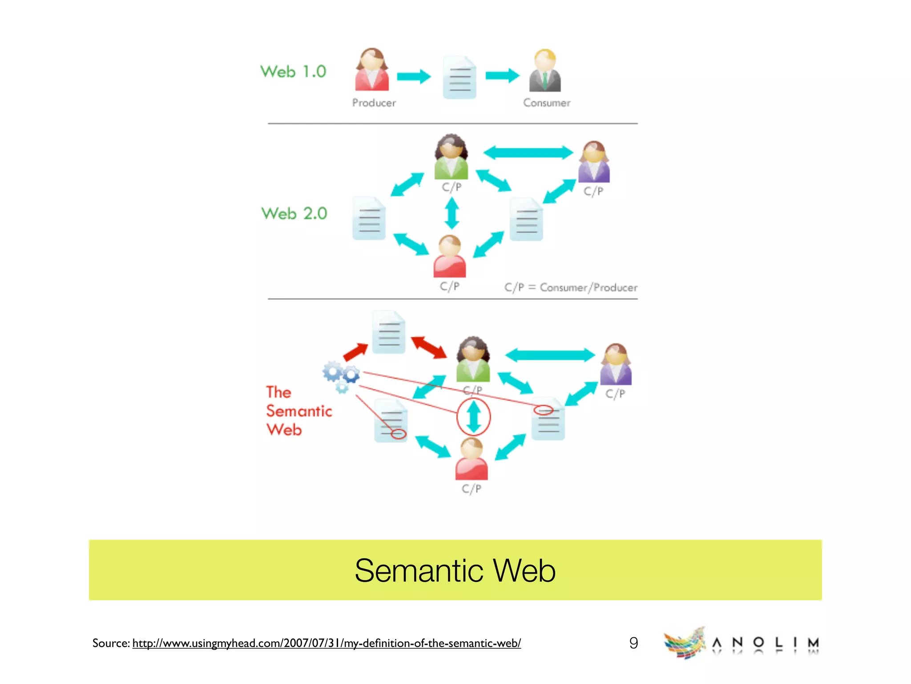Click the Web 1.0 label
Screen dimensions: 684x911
pyautogui.click(x=293, y=72)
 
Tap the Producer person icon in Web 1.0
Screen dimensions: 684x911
pyautogui.click(x=372, y=70)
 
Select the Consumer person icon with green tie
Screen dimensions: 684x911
pyautogui.click(x=545, y=71)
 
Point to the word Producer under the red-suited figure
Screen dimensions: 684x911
pyautogui.click(x=374, y=103)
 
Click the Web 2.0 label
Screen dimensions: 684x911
pyautogui.click(x=294, y=213)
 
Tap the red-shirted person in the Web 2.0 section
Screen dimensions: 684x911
pyautogui.click(x=450, y=256)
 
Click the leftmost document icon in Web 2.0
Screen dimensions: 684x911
pyautogui.click(x=369, y=218)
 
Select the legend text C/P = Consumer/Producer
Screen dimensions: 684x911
pyautogui.click(x=571, y=287)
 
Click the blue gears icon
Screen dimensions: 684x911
pyautogui.click(x=341, y=375)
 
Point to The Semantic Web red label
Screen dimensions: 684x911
pyautogui.click(x=298, y=411)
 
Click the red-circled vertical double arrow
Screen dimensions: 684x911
pyautogui.click(x=473, y=417)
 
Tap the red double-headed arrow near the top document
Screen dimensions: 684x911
pyautogui.click(x=428, y=347)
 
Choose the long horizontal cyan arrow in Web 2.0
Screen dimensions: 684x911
pyautogui.click(x=528, y=152)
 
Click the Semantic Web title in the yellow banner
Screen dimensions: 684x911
pyautogui.click(x=455, y=570)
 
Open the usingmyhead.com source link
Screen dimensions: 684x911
pyautogui.click(x=327, y=643)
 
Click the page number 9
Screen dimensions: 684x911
pyautogui.click(x=633, y=643)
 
